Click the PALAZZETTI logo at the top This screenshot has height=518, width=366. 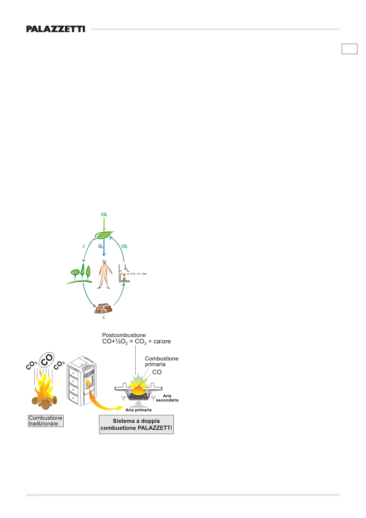[56, 29]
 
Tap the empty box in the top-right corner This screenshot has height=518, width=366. [349, 49]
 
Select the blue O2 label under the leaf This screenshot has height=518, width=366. [101, 246]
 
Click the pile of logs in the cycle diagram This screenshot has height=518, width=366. [103, 309]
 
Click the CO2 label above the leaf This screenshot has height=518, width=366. [104, 214]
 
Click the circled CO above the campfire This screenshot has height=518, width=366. [47, 360]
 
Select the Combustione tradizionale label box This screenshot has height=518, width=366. [46, 421]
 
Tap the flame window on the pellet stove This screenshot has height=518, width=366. [89, 383]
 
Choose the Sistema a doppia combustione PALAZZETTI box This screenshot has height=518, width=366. [136, 424]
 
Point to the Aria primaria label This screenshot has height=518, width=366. [138, 410]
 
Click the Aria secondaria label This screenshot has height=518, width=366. [167, 398]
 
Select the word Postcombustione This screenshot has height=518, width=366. [124, 335]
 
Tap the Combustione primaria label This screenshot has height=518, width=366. [161, 361]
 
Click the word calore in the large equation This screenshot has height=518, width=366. [162, 341]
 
